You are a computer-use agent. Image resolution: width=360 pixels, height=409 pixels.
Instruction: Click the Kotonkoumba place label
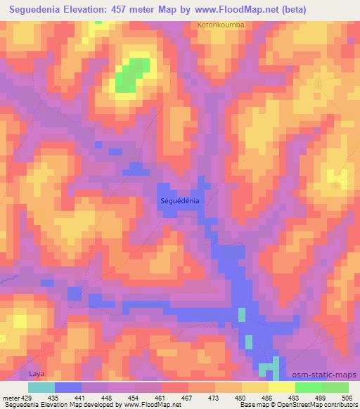[220, 25]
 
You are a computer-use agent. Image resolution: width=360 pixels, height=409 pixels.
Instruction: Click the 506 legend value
[347, 397]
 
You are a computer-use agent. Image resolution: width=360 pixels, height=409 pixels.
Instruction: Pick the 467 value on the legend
[187, 397]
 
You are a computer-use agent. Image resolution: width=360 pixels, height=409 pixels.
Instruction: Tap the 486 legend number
[268, 397]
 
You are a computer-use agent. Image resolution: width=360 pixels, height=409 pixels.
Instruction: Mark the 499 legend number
[320, 397]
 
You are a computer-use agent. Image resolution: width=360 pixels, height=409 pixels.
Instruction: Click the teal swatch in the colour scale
[41, 387]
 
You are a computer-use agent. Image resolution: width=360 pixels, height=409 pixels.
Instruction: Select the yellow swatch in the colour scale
[281, 387]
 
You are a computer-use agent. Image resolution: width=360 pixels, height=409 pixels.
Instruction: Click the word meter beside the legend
[11, 397]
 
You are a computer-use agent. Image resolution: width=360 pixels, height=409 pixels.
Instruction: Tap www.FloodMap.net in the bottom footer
[148, 405]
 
